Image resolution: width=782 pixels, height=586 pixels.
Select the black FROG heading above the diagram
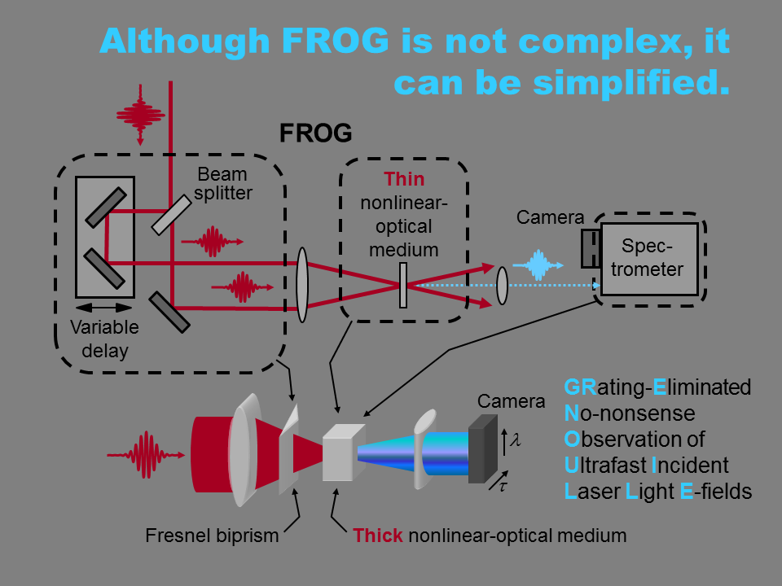(x=316, y=133)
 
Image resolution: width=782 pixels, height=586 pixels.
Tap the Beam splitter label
(x=222, y=183)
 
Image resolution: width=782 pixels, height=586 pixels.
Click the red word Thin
(x=404, y=179)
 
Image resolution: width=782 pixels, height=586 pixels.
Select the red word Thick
(x=378, y=536)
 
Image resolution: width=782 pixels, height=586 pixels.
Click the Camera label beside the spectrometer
(x=550, y=217)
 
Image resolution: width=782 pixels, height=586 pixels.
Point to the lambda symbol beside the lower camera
(x=516, y=440)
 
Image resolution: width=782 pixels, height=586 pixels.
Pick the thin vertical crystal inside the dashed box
(x=403, y=285)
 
